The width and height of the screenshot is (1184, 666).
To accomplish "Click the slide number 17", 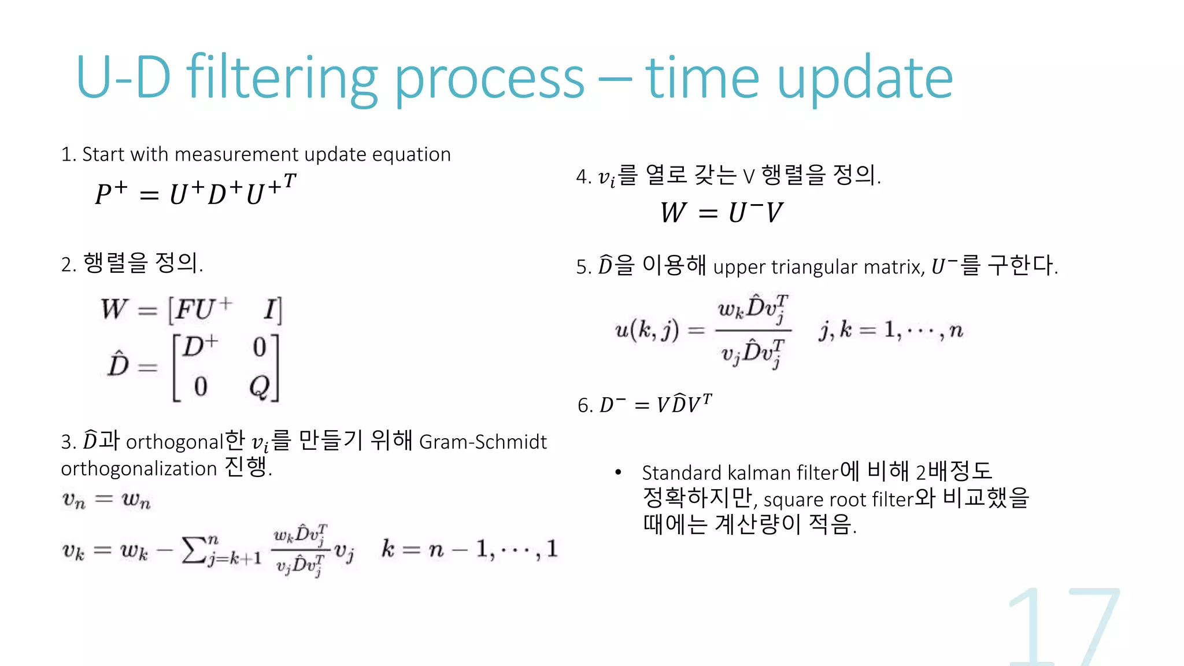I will click(x=1064, y=627).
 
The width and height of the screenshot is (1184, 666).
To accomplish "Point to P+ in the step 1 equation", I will click(x=111, y=193).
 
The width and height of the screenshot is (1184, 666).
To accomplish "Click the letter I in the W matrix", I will click(x=270, y=309).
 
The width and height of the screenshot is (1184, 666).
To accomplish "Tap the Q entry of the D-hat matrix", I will click(x=260, y=386).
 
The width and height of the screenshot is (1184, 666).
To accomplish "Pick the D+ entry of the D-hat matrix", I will click(x=200, y=347).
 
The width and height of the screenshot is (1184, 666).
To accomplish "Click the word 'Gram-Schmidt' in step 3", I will click(x=483, y=442).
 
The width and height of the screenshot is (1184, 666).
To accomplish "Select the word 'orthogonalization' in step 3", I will click(x=139, y=468).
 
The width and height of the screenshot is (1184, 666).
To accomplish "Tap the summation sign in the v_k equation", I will click(x=194, y=550).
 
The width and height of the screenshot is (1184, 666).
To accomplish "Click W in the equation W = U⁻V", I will click(x=674, y=212).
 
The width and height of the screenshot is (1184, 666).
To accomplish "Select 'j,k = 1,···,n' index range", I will click(x=890, y=330).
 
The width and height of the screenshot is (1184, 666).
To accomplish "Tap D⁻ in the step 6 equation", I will click(x=612, y=404).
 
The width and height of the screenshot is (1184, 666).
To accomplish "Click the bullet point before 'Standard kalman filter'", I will click(x=618, y=472).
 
